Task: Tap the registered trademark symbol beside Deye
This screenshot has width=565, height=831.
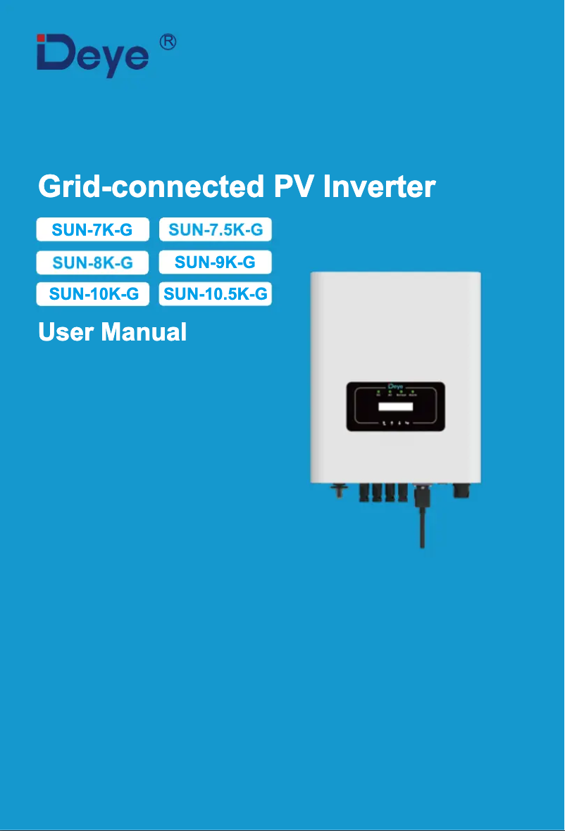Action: click(168, 42)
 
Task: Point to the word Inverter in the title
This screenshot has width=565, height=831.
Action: click(379, 188)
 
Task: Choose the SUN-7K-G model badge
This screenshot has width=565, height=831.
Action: click(92, 229)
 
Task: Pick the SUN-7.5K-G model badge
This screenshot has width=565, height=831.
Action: click(216, 229)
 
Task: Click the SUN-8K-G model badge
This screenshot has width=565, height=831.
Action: click(92, 263)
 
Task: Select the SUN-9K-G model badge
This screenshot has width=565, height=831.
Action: click(215, 262)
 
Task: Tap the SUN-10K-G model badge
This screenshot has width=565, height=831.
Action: click(93, 294)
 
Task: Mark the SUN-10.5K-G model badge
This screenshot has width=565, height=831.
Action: click(216, 294)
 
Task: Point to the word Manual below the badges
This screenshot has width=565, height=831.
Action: click(144, 331)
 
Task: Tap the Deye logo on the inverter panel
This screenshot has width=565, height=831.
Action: click(395, 385)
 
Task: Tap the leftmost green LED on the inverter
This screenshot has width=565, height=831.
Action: click(378, 391)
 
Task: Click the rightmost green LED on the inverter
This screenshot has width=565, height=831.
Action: click(412, 391)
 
